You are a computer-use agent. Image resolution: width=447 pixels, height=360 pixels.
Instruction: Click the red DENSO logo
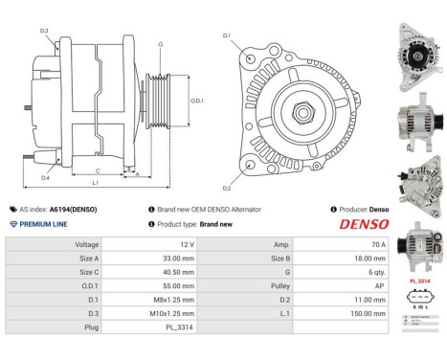[364, 224]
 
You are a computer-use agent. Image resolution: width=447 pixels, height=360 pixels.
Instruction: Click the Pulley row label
[279, 285]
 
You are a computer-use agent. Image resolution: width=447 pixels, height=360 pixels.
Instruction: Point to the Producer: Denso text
[360, 208]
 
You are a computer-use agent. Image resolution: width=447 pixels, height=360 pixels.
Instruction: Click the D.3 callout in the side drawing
[45, 32]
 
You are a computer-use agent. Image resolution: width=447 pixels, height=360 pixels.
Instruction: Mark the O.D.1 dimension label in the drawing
[196, 100]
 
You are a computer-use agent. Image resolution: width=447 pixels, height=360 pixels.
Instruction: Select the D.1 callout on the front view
[227, 35]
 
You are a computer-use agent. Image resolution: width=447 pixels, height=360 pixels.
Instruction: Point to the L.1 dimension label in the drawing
[95, 183]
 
